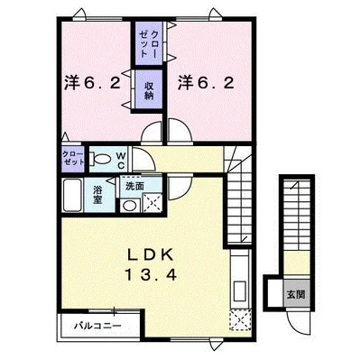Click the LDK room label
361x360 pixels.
[150, 255]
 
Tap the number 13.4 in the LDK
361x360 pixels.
[150, 274]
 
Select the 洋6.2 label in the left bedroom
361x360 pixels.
[92, 83]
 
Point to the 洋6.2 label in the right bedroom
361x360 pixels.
[206, 83]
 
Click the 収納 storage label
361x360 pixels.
[149, 90]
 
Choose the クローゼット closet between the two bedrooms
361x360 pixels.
[149, 43]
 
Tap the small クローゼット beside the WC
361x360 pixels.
[73, 158]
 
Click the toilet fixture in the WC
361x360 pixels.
[100, 159]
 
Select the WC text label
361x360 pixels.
[121, 161]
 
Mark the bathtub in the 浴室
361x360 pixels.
[72, 195]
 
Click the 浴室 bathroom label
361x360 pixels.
[97, 195]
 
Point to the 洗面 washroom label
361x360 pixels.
[134, 187]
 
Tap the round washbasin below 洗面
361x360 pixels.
[130, 206]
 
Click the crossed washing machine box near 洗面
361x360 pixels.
[152, 202]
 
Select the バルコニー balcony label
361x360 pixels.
[98, 326]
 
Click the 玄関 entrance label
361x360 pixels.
[296, 294]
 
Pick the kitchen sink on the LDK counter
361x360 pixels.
[240, 291]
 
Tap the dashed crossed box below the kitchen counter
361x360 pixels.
[240, 320]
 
